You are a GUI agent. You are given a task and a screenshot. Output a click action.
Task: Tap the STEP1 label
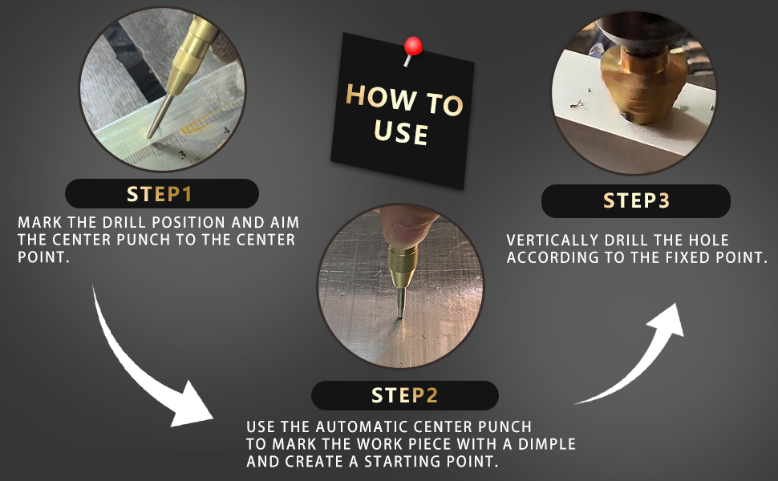coord(160,194)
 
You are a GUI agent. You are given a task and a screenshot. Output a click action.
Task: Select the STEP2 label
coord(404,395)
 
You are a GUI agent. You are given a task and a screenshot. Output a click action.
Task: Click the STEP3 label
coord(636,201)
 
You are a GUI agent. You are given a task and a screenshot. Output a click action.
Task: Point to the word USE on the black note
coord(400,132)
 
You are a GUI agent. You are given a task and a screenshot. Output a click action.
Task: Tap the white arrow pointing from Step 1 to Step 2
coord(144,367)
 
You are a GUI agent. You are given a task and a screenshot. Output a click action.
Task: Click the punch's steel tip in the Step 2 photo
coord(401,302)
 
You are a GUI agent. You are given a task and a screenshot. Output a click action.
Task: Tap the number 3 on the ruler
coord(182,156)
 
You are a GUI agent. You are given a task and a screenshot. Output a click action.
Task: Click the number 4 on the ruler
coord(226,131)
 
